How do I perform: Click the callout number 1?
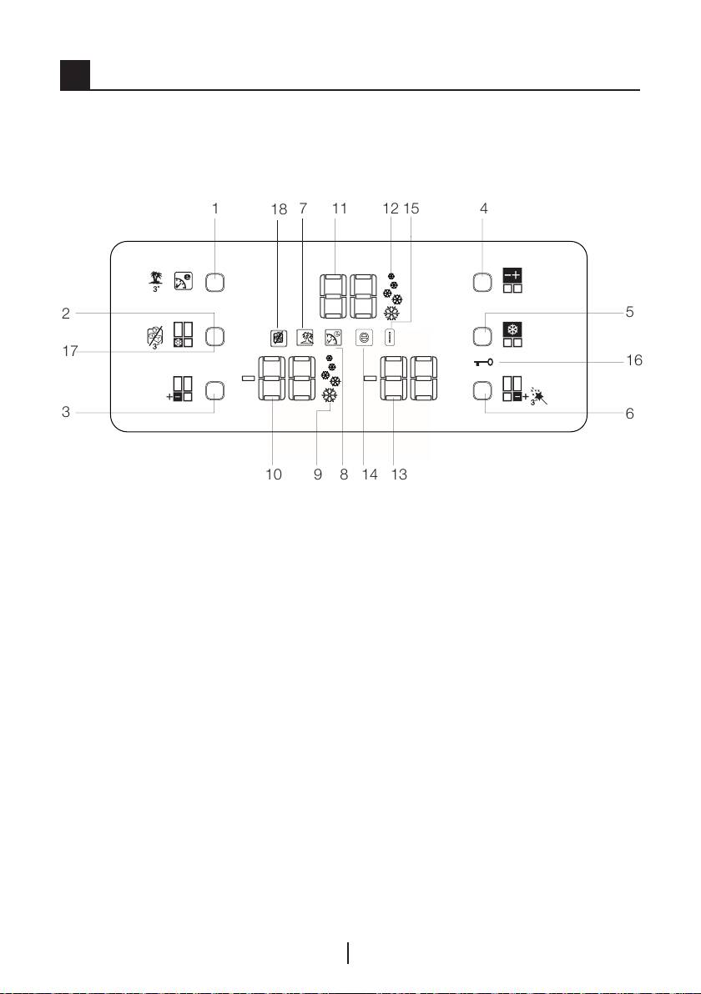coord(214,209)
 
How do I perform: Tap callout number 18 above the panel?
coord(279,210)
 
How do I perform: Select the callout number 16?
coord(634,361)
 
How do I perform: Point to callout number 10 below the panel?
coord(273,474)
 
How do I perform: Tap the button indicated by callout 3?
coord(214,389)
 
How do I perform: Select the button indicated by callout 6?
coord(482,389)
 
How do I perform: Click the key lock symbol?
coord(487,362)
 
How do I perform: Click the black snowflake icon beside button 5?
coord(510,329)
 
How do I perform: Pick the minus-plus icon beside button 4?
coord(510,274)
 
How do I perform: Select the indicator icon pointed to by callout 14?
coord(364,338)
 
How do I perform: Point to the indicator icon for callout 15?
coord(390,338)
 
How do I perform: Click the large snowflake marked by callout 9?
coord(330,398)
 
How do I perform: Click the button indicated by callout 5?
coord(482,337)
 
